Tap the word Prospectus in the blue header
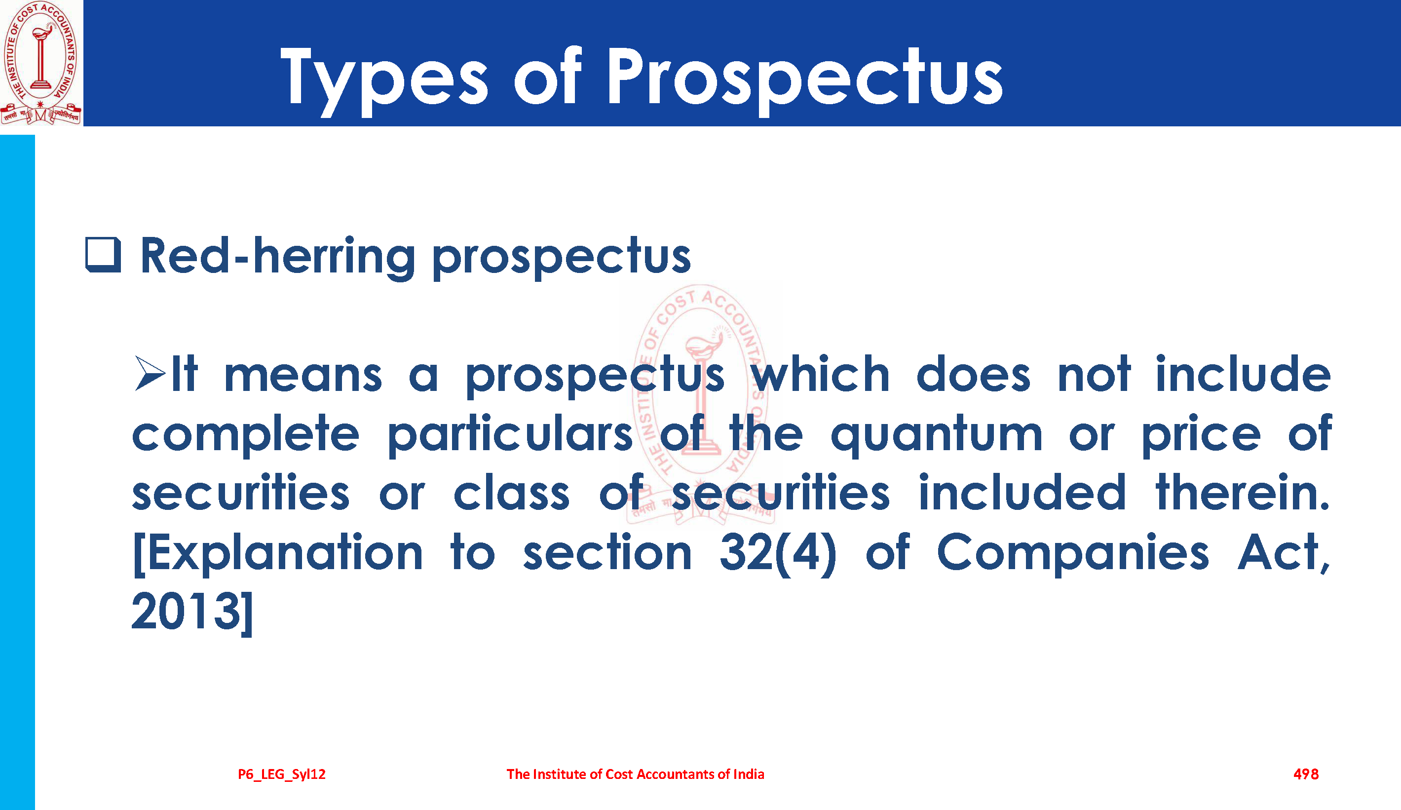(x=805, y=81)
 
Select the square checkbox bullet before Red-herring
(x=103, y=255)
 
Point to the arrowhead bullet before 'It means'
(x=150, y=374)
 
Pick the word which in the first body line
(x=821, y=374)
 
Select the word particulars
(x=510, y=435)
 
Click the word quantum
(x=936, y=436)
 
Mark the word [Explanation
(x=278, y=554)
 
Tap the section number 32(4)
(x=778, y=554)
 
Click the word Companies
(x=1073, y=554)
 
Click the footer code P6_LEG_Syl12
(x=282, y=774)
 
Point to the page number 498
(x=1306, y=774)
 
